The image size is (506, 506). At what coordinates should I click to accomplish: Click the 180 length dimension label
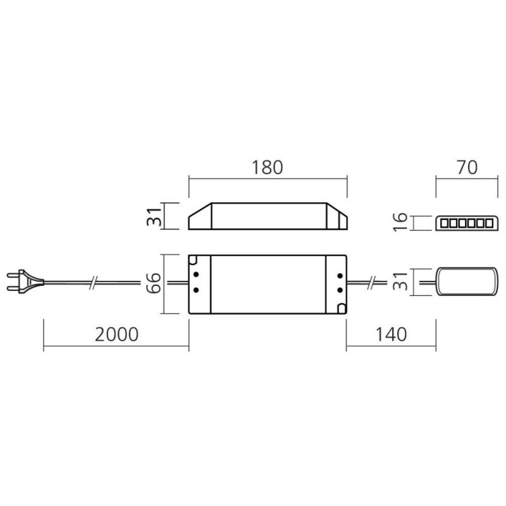point(267,168)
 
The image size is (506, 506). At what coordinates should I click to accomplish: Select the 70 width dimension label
point(467,168)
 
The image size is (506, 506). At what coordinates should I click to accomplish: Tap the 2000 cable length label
point(117,335)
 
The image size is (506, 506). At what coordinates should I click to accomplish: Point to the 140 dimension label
point(391,335)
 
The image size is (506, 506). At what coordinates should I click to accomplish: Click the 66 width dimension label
point(153,283)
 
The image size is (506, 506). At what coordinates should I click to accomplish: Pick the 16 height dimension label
point(400,222)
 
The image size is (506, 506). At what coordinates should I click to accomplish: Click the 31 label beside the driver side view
point(154,216)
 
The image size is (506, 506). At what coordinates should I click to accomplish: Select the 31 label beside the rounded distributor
point(400,281)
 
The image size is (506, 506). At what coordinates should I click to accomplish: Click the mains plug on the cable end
point(25,281)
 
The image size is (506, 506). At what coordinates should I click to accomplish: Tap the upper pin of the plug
point(13,276)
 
